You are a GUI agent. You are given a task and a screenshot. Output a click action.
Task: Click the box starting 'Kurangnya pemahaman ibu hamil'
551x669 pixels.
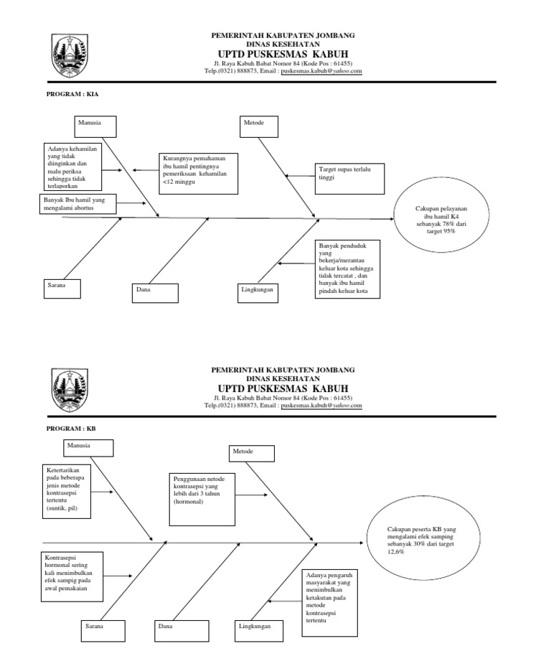(199, 173)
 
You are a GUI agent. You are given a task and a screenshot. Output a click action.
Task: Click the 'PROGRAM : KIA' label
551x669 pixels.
(66, 94)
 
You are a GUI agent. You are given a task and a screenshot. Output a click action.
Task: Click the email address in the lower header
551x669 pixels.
(321, 406)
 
